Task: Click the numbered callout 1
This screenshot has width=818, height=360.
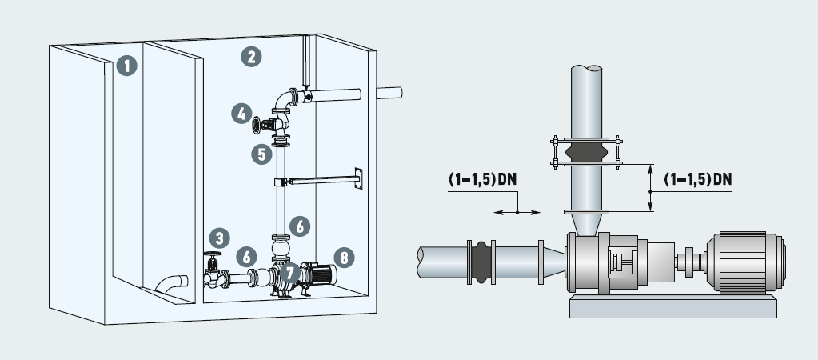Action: point(126,65)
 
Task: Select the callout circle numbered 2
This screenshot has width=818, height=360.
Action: point(253,56)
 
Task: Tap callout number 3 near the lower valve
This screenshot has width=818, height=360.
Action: point(220,238)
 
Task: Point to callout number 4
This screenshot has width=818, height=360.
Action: point(241,114)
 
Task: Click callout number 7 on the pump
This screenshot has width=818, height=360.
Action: point(289,273)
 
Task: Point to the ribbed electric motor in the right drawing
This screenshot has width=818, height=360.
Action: point(748,260)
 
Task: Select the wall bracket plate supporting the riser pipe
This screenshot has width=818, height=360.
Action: point(357,179)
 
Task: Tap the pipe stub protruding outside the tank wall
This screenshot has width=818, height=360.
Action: point(389,93)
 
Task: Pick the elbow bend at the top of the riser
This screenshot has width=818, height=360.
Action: point(282,100)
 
